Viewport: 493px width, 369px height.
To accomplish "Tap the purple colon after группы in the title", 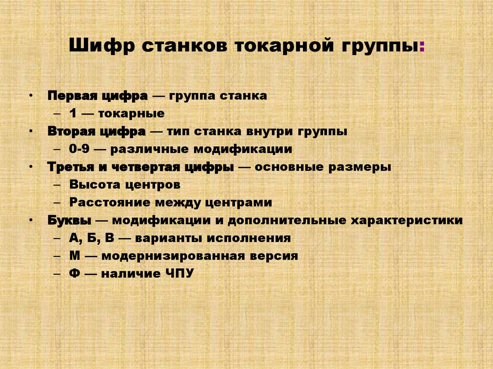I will [x=422, y=48].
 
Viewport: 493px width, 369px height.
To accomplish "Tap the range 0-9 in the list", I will [x=78, y=149].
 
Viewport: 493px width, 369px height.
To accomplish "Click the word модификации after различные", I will [x=248, y=149].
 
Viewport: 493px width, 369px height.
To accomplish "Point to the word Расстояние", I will [x=104, y=203].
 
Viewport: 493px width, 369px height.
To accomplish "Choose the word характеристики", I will [x=407, y=220].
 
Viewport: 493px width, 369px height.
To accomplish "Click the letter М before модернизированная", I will [x=74, y=256].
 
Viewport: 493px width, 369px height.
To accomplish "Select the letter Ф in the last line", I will [x=74, y=274].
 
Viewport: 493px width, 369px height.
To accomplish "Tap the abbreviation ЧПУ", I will [x=178, y=274].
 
